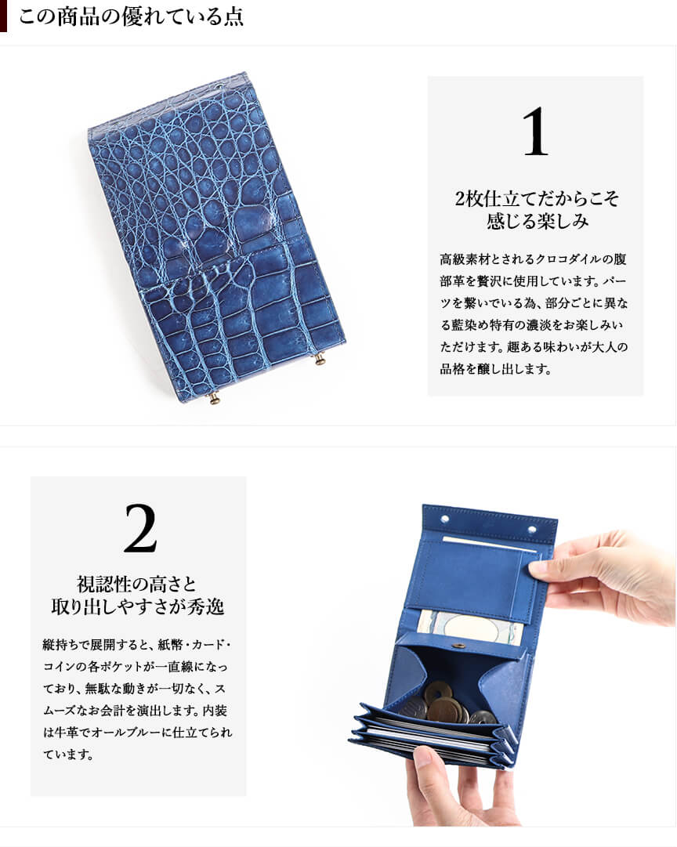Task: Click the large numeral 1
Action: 535,132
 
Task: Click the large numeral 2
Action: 140,528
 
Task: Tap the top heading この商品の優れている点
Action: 132,16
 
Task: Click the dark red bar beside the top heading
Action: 3,16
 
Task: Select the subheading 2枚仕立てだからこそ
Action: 537,199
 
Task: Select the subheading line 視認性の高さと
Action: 137,584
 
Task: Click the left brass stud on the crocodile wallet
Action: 215,398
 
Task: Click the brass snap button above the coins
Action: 460,646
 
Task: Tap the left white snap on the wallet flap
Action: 445,519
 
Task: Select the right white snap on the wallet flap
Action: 533,530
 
